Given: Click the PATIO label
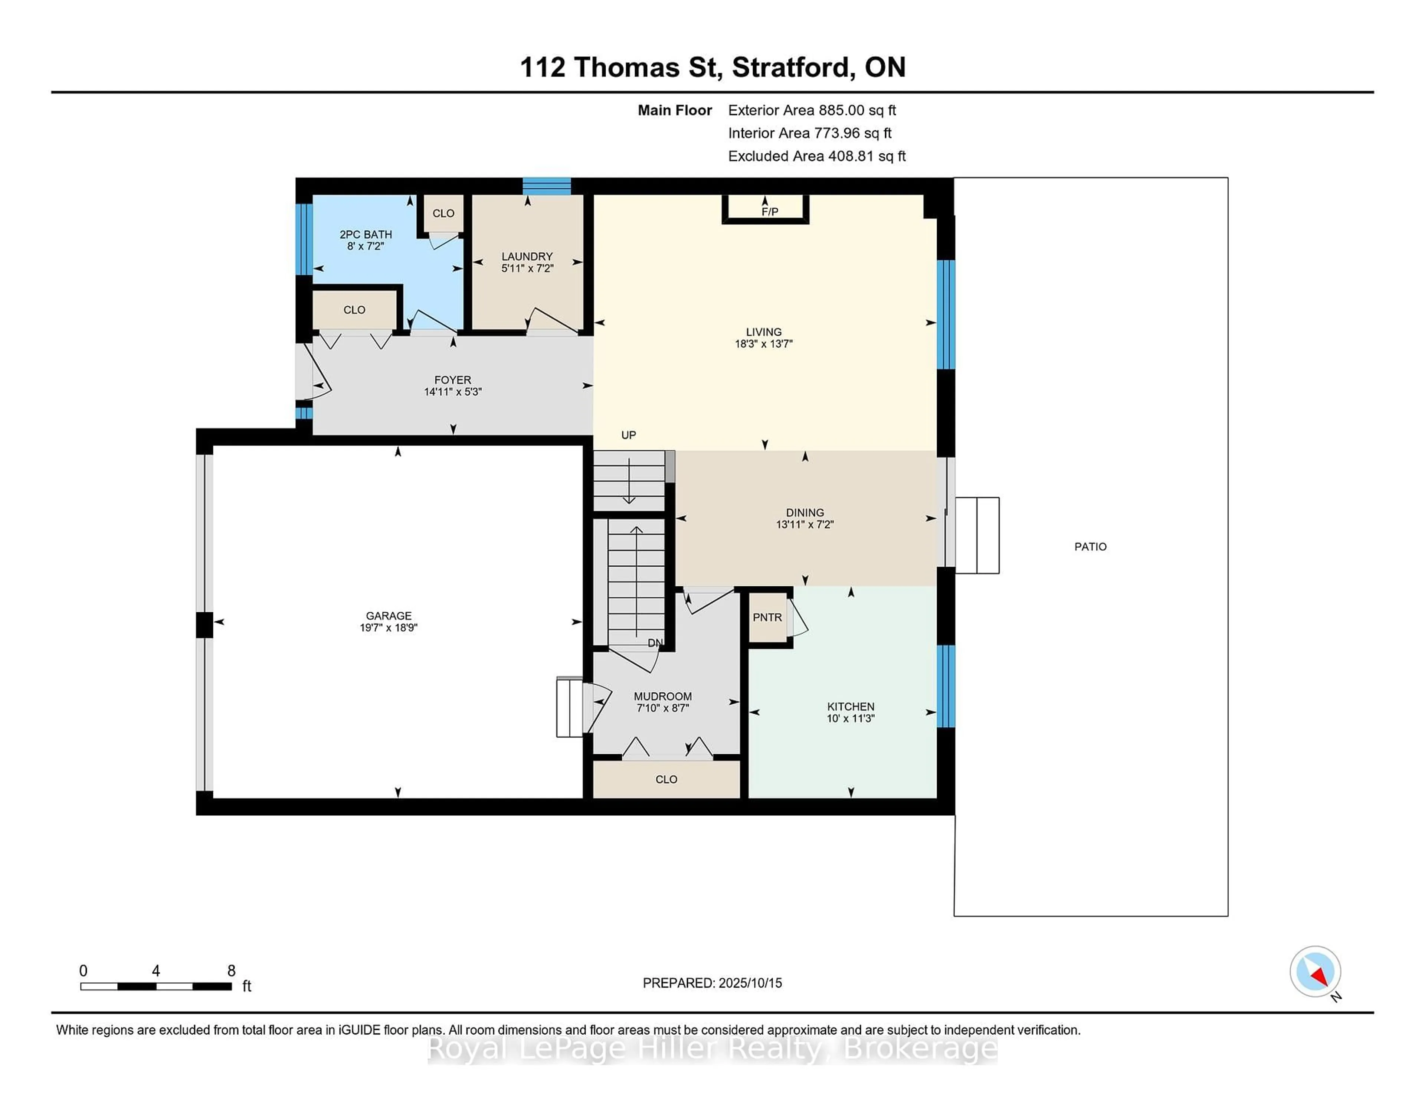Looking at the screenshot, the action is point(1090,547).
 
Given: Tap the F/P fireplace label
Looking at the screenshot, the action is point(770,212).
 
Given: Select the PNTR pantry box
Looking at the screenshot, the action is point(767,617).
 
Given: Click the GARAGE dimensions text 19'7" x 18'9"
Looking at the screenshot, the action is point(389,627).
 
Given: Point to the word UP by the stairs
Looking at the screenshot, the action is point(628,435).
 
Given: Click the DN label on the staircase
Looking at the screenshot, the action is point(655,643).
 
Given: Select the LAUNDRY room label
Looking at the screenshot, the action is point(527,257).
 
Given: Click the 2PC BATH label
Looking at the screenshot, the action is point(366,234).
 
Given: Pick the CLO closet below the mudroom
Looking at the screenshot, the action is point(666,779).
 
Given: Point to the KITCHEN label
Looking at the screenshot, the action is point(851,706).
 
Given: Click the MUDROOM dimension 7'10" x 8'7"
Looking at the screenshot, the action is point(663,708).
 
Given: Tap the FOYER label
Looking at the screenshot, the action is point(453,380).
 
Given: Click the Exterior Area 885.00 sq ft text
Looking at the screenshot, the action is point(812,110).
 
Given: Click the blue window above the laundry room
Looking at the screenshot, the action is point(547,186).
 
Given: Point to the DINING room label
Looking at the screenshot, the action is point(805,512).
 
